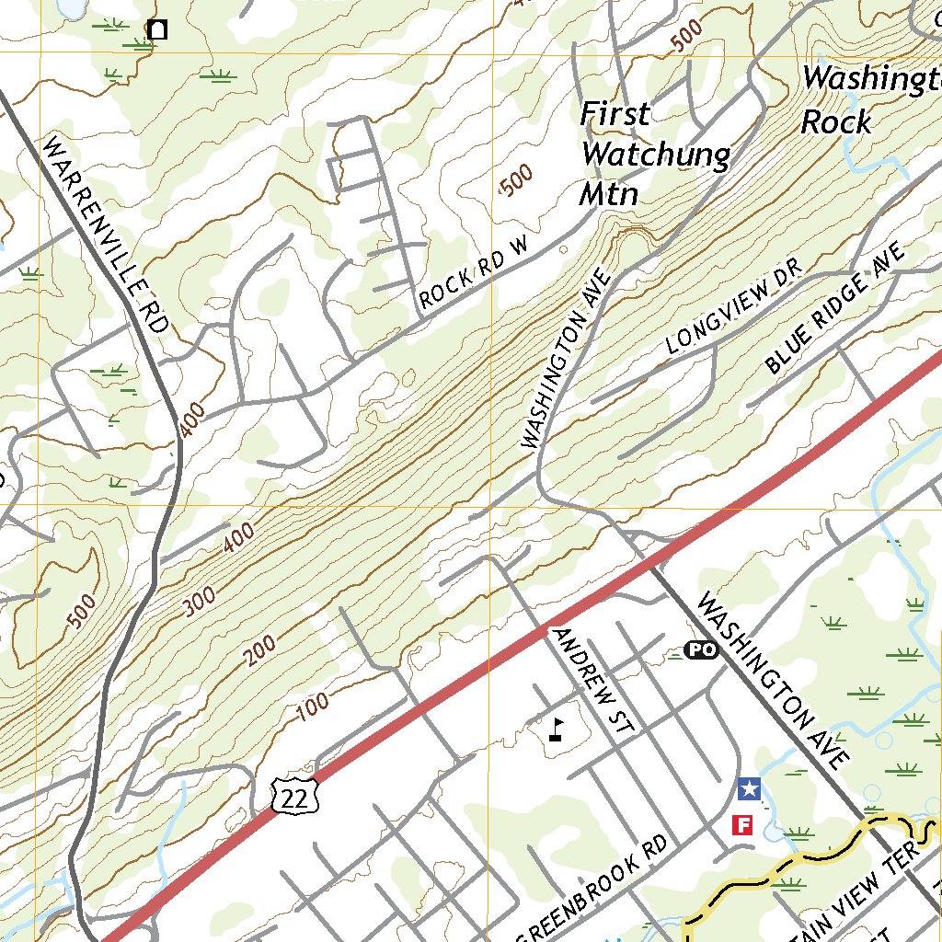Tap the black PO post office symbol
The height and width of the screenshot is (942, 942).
tap(701, 650)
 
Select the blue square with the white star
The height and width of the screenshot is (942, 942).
tap(749, 788)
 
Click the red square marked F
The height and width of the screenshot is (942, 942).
tap(742, 824)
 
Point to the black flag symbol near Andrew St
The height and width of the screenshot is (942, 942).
tap(555, 729)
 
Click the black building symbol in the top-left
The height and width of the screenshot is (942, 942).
tap(157, 29)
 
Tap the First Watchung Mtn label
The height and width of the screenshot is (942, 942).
tap(653, 154)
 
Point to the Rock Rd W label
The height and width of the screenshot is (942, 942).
tap(476, 271)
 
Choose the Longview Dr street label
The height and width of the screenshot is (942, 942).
tap(734, 313)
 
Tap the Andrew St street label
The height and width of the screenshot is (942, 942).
tap(593, 681)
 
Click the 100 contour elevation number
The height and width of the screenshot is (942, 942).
tap(313, 706)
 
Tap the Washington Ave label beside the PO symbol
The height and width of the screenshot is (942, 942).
tap(771, 681)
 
